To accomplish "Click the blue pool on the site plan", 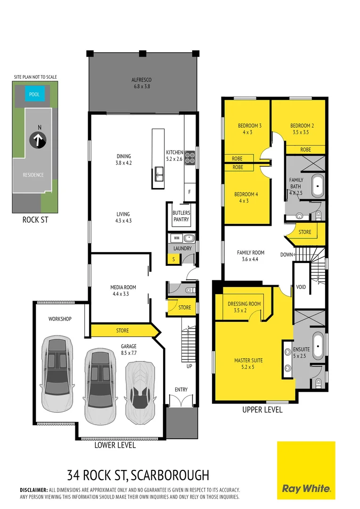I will (x=34, y=94).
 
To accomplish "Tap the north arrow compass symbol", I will (x=38, y=140).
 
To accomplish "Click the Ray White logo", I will (x=306, y=470).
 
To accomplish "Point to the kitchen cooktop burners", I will (x=189, y=157).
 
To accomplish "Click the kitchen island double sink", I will (x=158, y=177).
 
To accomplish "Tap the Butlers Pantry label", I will (x=181, y=216).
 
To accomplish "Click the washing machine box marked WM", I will (x=175, y=238).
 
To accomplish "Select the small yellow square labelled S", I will (x=173, y=259).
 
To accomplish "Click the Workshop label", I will (x=60, y=319).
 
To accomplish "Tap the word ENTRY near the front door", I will (x=181, y=390).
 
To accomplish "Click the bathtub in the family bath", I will (x=318, y=187).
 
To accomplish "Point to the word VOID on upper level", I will (x=301, y=287).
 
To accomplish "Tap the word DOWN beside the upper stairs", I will (x=286, y=254).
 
